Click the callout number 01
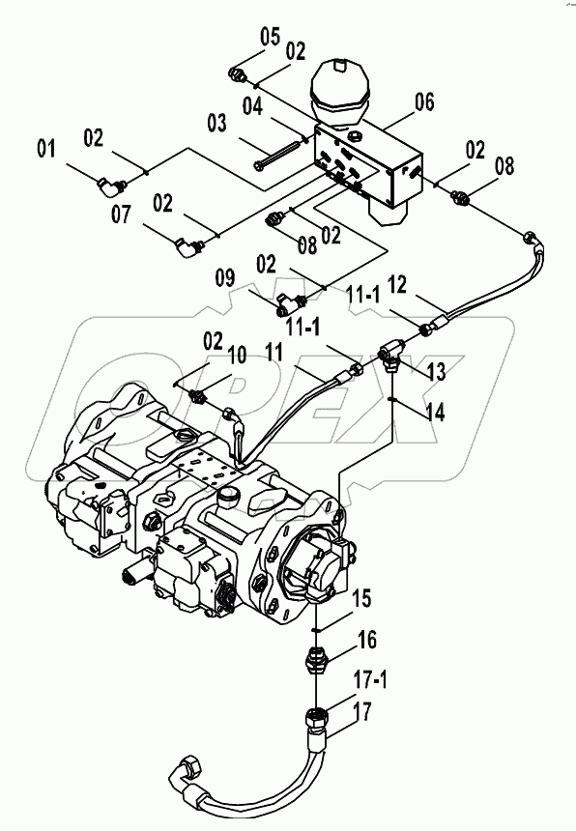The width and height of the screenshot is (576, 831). pyautogui.click(x=46, y=149)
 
